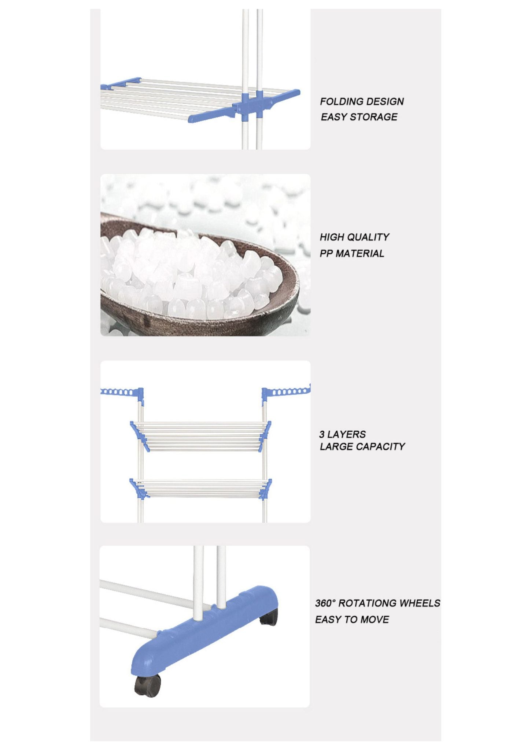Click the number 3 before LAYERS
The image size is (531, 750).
322,434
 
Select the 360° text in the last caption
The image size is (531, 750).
325,603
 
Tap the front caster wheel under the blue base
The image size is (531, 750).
148,686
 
